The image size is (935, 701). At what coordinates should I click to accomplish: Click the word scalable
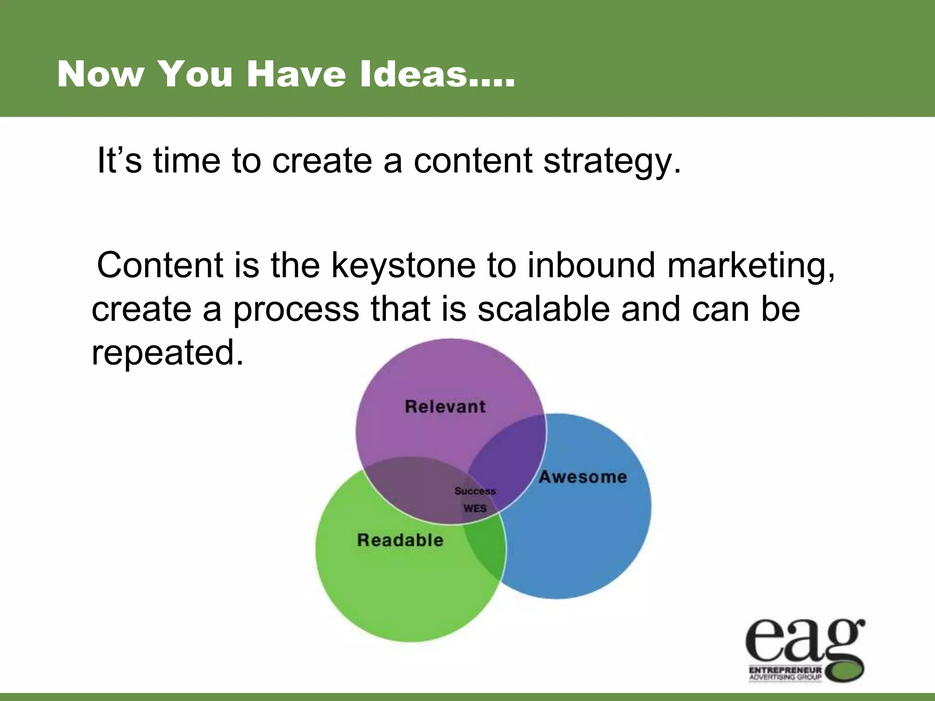pyautogui.click(x=543, y=309)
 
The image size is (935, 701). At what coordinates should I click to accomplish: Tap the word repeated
pyautogui.click(x=167, y=353)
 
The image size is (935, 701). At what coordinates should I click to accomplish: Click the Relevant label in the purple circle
pyautogui.click(x=445, y=407)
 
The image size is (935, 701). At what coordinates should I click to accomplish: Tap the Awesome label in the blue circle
pyautogui.click(x=583, y=477)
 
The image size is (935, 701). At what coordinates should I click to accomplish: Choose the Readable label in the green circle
pyautogui.click(x=400, y=540)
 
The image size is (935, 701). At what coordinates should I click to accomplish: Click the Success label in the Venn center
pyautogui.click(x=475, y=492)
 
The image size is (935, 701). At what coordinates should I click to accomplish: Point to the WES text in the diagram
pyautogui.click(x=475, y=508)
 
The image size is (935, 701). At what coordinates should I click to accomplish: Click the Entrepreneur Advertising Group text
pyautogui.click(x=785, y=674)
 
